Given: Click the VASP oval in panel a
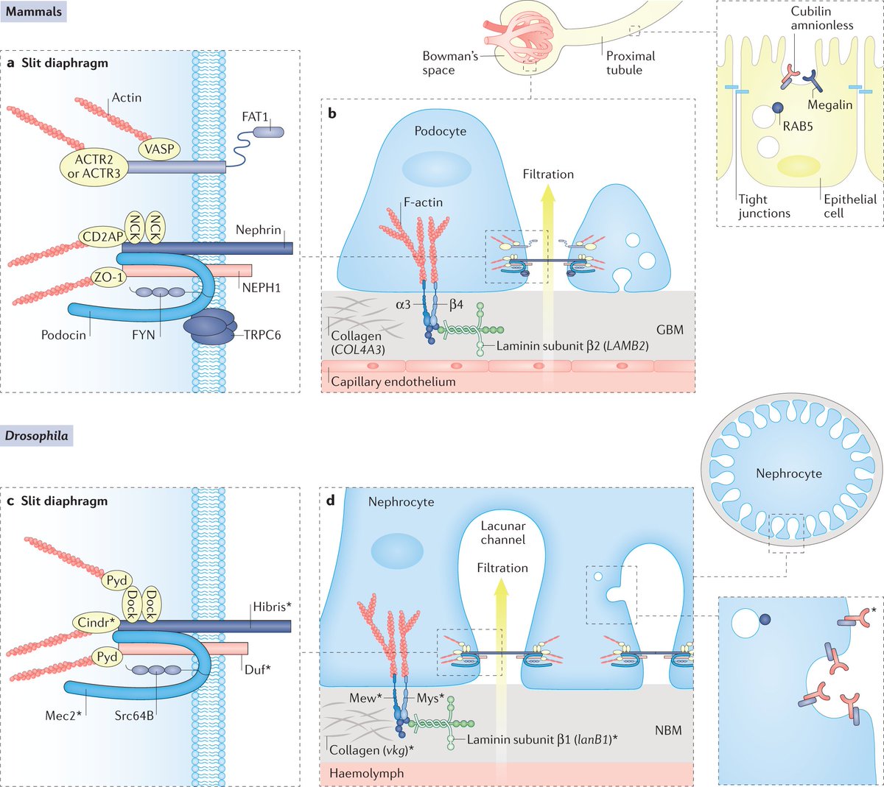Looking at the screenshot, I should click(x=159, y=149).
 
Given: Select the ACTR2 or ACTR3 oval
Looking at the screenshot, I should click(x=94, y=166).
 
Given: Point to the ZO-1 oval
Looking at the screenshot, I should click(x=107, y=278).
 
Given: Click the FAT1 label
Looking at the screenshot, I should click(x=255, y=117).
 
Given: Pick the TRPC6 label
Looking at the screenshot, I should click(x=262, y=335).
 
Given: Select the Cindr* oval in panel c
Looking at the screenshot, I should click(x=97, y=623).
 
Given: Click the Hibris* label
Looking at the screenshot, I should click(x=273, y=607).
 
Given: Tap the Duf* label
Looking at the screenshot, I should click(x=258, y=669).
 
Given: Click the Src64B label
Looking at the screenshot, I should click(x=134, y=715).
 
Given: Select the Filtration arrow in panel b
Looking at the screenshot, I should click(x=547, y=236).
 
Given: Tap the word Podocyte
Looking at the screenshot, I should click(x=441, y=131).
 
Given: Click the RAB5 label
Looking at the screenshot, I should click(x=798, y=126).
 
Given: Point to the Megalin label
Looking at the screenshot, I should click(x=829, y=105).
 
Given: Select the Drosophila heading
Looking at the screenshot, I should click(x=37, y=435).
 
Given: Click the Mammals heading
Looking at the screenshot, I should click(x=34, y=12).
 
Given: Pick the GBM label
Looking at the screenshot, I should click(x=670, y=330).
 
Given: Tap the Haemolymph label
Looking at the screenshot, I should click(x=366, y=774).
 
